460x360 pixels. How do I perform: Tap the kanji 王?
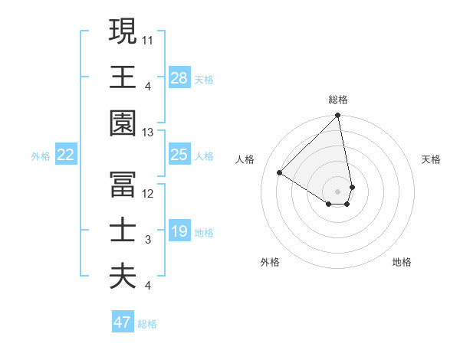click(x=123, y=77)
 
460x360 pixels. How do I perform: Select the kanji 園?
click(x=123, y=123)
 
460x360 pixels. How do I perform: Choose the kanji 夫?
click(x=123, y=277)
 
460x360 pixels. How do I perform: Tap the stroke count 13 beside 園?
click(x=148, y=133)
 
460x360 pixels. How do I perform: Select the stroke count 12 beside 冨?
click(x=148, y=193)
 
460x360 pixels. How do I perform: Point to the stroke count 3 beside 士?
click(x=148, y=240)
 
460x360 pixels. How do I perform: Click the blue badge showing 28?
click(x=179, y=78)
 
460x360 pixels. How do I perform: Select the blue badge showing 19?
click(x=179, y=231)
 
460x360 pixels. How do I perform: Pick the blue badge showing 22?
click(x=66, y=155)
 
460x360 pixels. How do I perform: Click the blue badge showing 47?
click(x=123, y=322)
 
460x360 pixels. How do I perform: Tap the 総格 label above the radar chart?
click(x=338, y=100)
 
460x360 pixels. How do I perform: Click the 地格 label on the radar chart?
click(x=402, y=262)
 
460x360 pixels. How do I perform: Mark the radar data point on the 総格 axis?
click(x=338, y=116)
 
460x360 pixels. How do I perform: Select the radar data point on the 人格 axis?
click(x=280, y=173)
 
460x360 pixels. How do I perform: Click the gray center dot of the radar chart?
click(x=338, y=191)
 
